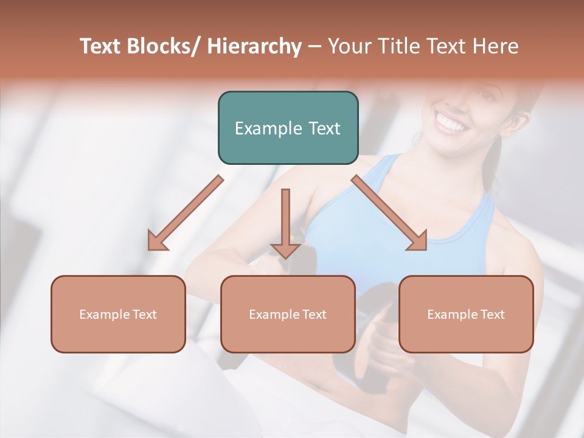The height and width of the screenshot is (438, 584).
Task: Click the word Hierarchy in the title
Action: tap(254, 47)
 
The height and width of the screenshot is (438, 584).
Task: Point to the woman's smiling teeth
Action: tap(451, 125)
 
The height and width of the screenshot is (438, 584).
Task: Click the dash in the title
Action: tap(315, 47)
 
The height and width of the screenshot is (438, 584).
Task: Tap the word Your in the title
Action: tap(346, 47)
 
